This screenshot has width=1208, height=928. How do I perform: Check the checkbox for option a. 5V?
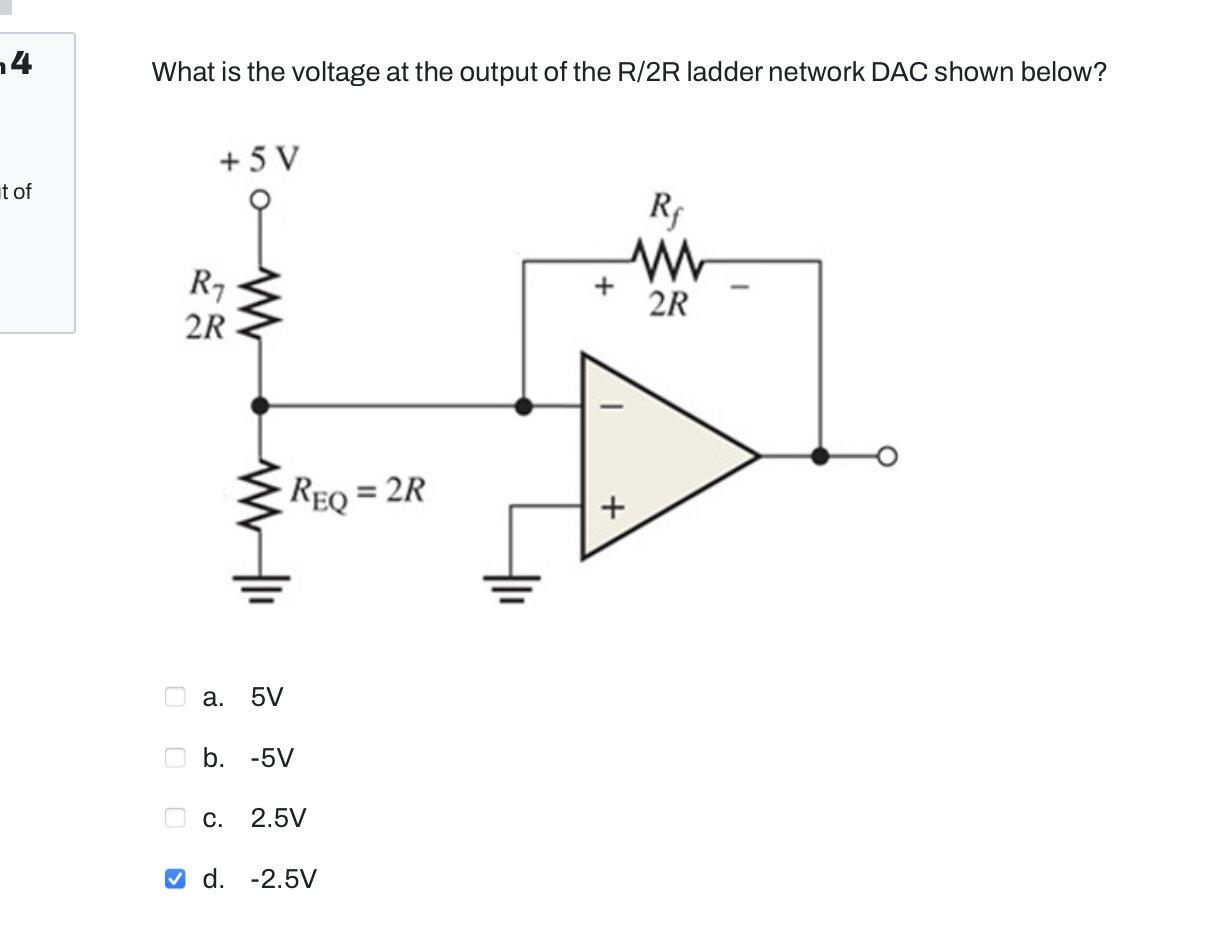pyautogui.click(x=175, y=696)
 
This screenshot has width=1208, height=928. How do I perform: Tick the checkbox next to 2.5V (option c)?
pyautogui.click(x=175, y=818)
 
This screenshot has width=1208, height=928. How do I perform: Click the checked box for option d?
pyautogui.click(x=175, y=879)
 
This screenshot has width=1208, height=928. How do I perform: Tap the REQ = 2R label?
pyautogui.click(x=358, y=493)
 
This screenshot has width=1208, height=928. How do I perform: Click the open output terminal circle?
pyautogui.click(x=886, y=457)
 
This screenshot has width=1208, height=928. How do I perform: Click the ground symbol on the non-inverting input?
pyautogui.click(x=512, y=583)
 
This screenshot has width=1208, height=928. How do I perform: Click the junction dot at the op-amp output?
pyautogui.click(x=820, y=457)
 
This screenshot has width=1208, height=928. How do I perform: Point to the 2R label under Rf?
pyautogui.click(x=668, y=303)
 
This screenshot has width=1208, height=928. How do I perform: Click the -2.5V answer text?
pyautogui.click(x=283, y=879)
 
